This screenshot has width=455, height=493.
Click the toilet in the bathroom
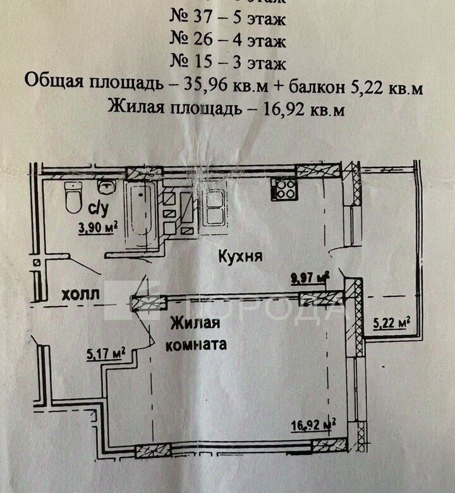click(x=74, y=197)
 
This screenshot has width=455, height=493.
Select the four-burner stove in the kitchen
click(x=284, y=188)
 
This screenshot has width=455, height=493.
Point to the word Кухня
click(x=240, y=256)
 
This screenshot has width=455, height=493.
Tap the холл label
click(x=80, y=295)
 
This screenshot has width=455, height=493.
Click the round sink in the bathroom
click(x=106, y=185)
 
